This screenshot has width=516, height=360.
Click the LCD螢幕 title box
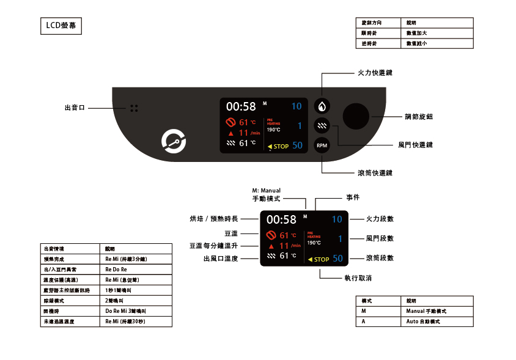[60, 26]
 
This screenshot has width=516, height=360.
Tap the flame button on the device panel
[322, 106]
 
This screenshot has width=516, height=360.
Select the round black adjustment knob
[356, 116]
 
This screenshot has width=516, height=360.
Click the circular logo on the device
[174, 141]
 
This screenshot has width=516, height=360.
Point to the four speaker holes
[134, 108]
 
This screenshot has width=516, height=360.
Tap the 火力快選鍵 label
[375, 73]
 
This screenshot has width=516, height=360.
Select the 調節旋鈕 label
[419, 116]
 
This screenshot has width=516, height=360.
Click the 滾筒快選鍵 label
[375, 173]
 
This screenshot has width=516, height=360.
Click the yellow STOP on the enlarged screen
[319, 259]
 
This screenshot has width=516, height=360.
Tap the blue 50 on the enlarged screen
[337, 259]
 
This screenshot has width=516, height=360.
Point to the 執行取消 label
[358, 278]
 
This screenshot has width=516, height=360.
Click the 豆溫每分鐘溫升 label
[213, 246]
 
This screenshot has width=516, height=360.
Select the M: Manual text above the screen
[266, 191]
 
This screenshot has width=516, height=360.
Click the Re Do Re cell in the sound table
[116, 269]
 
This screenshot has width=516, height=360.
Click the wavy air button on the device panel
[322, 126]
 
